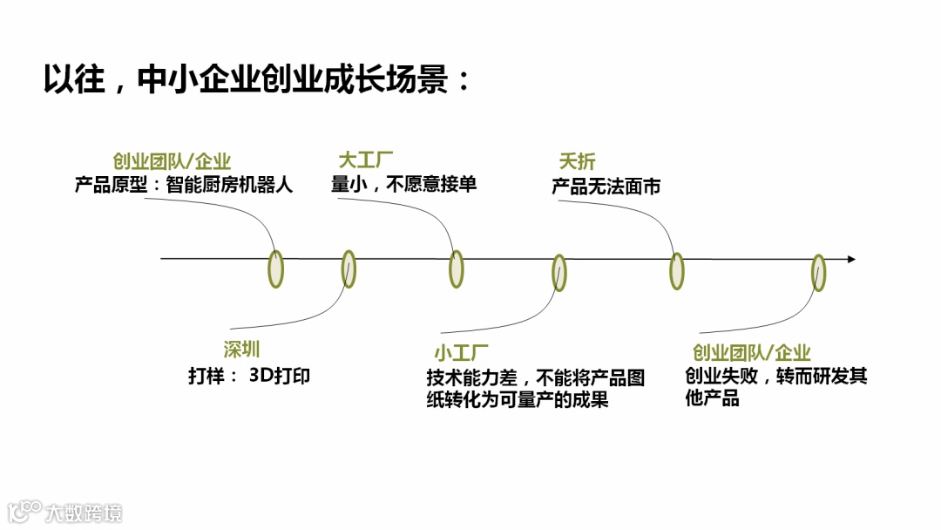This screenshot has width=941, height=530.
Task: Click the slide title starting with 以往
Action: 258,80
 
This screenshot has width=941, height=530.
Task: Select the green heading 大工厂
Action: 366,161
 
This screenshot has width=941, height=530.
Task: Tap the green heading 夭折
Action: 577,162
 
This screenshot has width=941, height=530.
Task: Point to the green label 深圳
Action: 241,350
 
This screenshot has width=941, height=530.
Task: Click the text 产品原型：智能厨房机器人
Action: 184,185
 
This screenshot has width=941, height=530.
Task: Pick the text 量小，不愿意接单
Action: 404,184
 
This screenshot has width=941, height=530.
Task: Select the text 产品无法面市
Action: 606,186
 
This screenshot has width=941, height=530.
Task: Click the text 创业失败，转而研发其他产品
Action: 775,387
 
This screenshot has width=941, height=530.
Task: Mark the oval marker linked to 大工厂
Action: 456,268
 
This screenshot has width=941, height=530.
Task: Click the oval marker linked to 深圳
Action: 349,268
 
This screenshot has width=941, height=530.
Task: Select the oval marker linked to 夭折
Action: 676,270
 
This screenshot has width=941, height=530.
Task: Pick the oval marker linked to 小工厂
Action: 559,272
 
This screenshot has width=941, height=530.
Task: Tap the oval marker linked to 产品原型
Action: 275,268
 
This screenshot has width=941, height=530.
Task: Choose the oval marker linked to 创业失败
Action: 818,272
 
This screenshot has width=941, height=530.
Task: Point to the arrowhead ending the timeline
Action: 851,259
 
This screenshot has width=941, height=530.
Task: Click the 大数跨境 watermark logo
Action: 65,512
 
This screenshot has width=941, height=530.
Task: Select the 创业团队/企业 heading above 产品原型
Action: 172,161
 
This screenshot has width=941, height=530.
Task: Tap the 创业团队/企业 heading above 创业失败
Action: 752,353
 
